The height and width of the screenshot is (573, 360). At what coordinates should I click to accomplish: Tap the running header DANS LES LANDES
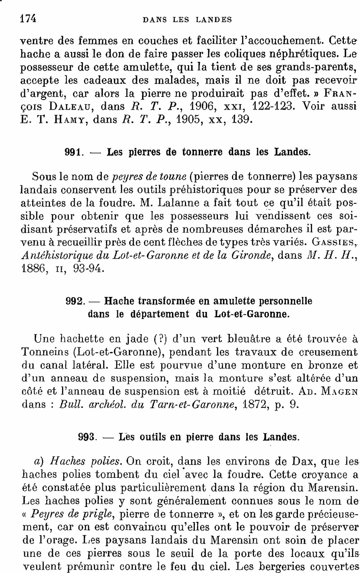(x=188, y=19)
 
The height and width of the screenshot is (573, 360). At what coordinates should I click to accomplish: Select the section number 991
(x=74, y=152)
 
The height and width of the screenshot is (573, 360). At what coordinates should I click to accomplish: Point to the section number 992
(x=74, y=301)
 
